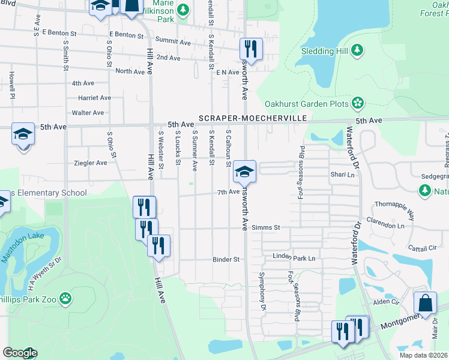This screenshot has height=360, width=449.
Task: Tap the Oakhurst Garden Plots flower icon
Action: [358, 103]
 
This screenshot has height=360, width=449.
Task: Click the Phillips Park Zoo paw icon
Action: [65, 298]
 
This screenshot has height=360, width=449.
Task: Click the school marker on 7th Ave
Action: [244, 171]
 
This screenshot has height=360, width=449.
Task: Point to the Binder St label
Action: [226, 260]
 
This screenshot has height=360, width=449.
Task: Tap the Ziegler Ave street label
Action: [90, 163]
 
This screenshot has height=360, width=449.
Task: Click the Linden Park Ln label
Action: [294, 258]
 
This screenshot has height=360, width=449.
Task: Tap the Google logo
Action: [20, 353]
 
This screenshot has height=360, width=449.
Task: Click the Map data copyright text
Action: [423, 355]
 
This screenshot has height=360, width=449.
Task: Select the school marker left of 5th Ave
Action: [23, 133]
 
